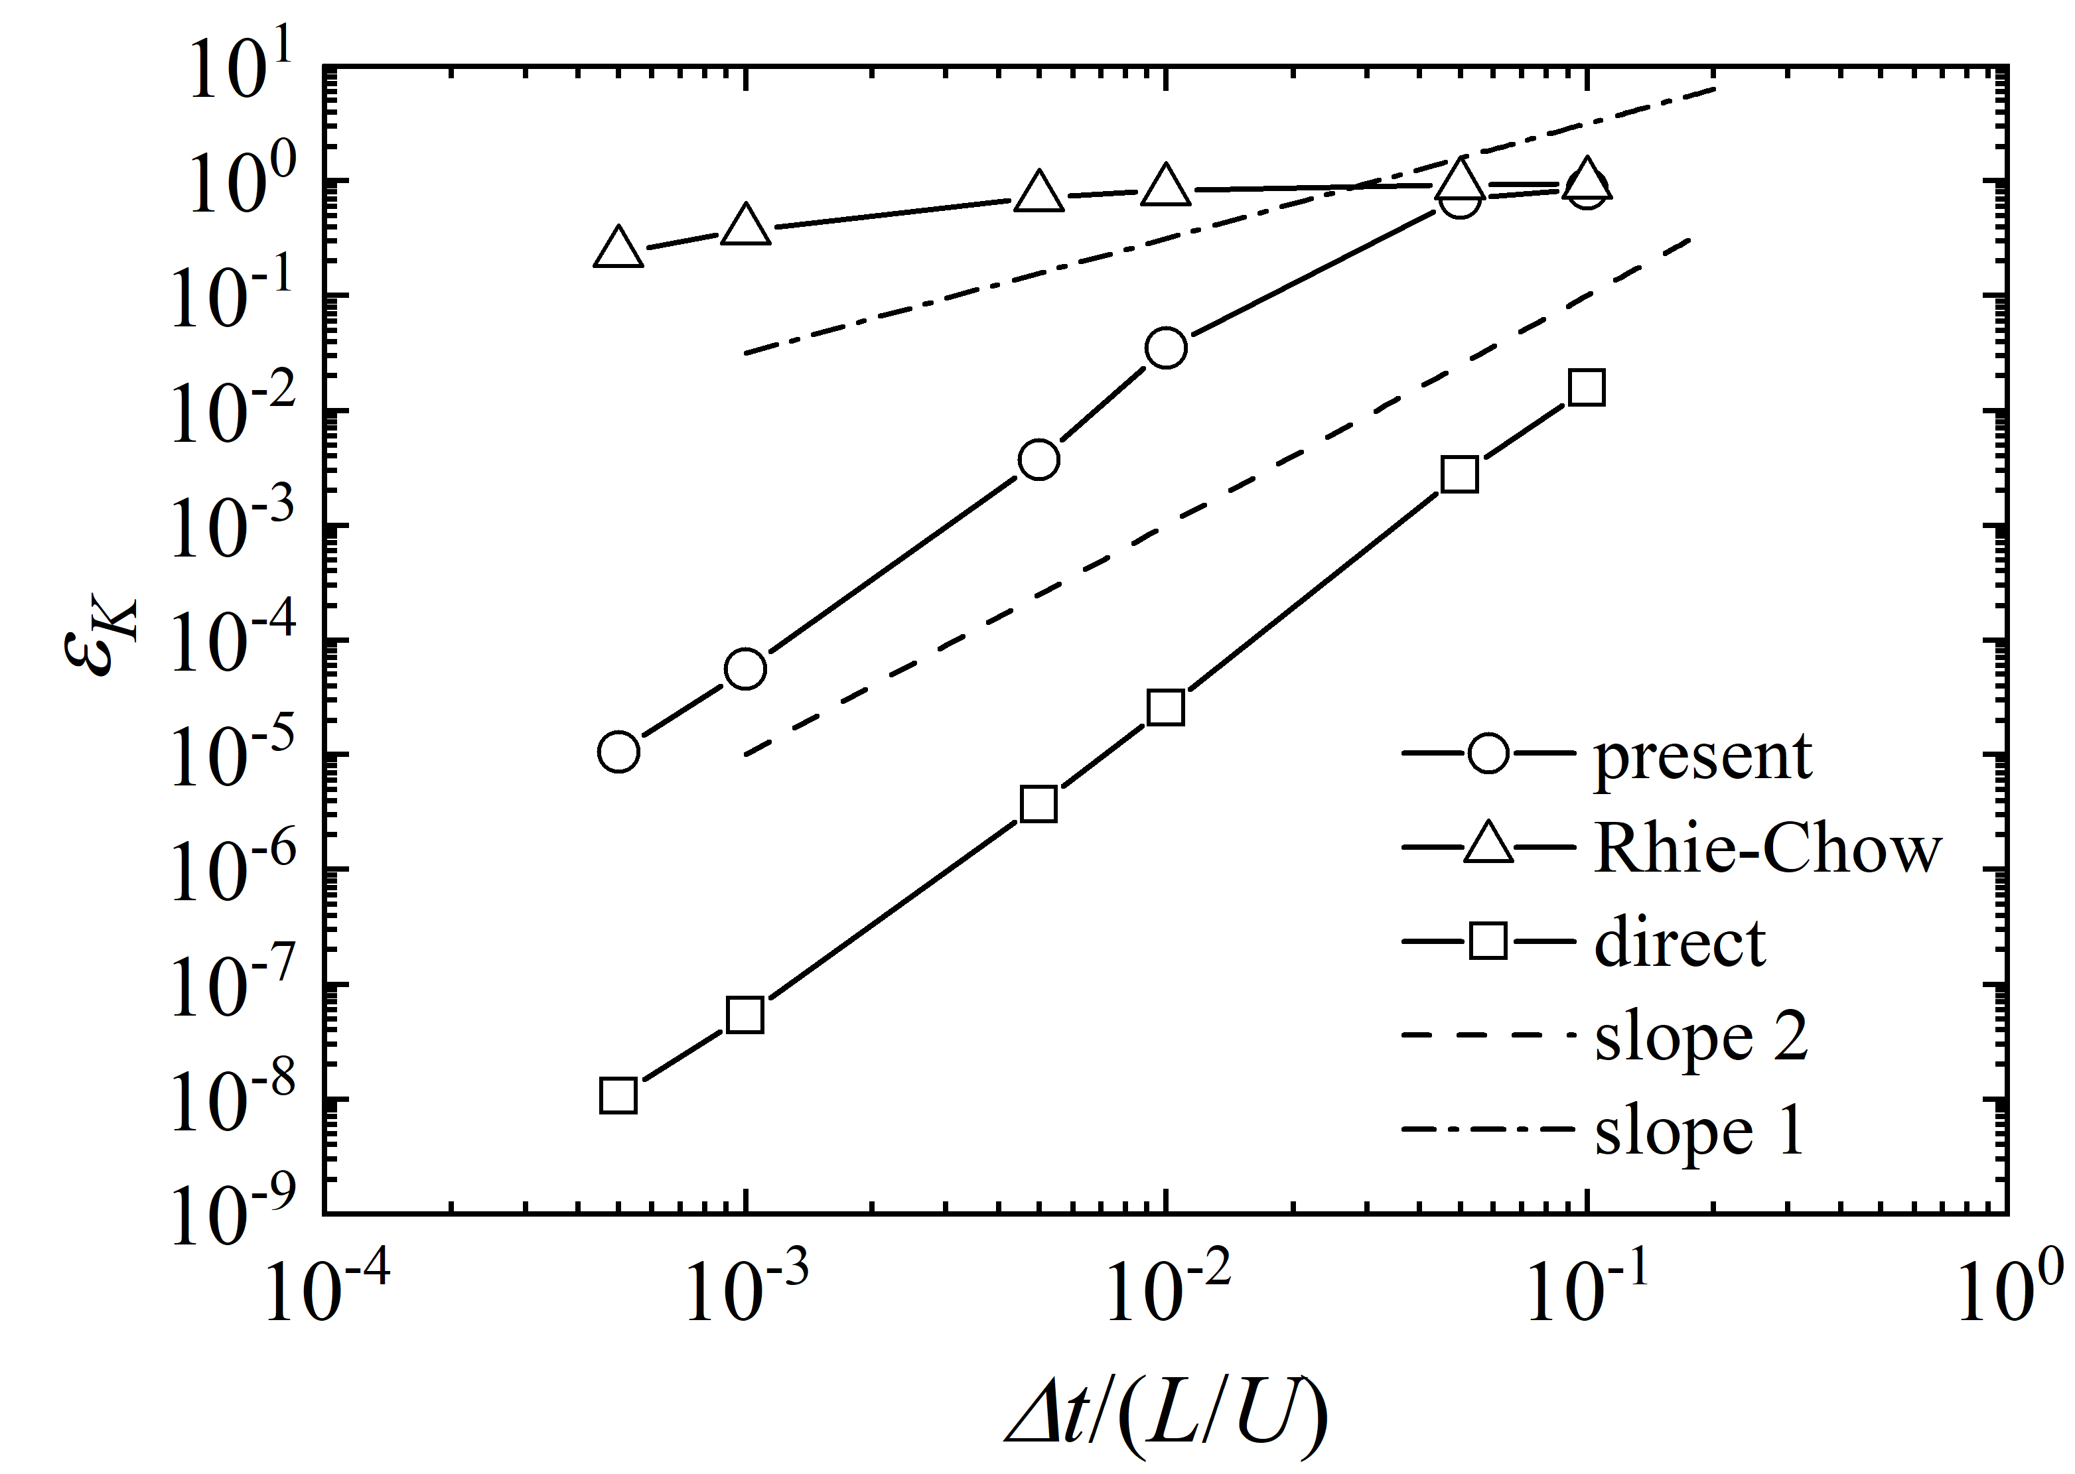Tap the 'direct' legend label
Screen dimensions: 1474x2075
point(1680,943)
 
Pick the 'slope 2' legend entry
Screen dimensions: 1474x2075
point(1701,1037)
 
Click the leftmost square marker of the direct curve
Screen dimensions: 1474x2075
point(618,1097)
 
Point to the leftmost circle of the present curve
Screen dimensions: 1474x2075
point(618,752)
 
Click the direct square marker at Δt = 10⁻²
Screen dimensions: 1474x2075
point(1165,707)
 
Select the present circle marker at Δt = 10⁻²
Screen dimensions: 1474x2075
point(1165,348)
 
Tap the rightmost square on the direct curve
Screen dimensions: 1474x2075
point(1586,387)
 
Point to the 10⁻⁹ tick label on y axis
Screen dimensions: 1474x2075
point(232,1213)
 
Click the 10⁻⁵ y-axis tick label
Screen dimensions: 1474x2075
point(232,754)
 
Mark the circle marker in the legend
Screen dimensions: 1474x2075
point(1488,754)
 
